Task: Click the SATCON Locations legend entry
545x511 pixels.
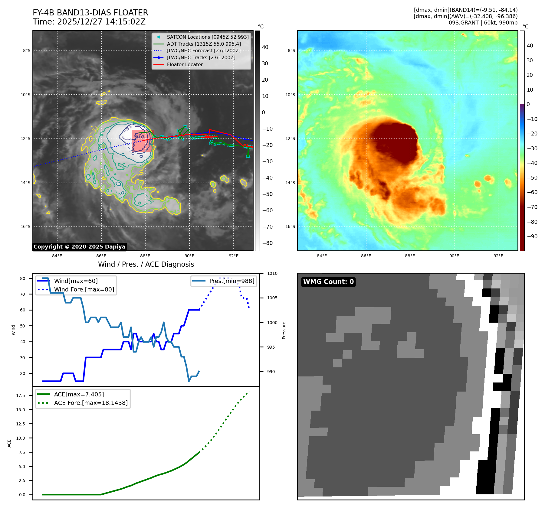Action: pos(208,37)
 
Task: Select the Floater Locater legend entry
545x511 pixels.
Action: pos(185,64)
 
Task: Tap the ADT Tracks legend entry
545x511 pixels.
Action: pos(204,44)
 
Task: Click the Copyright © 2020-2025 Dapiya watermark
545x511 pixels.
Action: pos(79,247)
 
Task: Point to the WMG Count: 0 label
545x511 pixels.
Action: pos(328,282)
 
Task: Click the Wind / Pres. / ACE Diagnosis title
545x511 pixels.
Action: pos(146,264)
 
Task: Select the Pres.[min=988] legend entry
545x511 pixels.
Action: pos(231,281)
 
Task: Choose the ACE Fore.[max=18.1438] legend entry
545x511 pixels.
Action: pos(91,403)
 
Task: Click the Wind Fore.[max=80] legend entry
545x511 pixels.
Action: pos(84,289)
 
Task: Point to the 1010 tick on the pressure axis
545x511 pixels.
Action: pos(272,274)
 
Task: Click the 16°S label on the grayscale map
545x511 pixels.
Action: pos(25,227)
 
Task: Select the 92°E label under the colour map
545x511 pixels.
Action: pos(498,256)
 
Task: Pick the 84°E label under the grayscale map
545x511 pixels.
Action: pos(57,256)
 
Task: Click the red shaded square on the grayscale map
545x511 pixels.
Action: pos(143,141)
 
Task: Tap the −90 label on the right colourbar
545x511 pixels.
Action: pos(532,236)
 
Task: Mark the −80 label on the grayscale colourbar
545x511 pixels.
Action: pos(267,243)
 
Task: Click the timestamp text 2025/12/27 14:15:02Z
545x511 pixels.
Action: pos(101,22)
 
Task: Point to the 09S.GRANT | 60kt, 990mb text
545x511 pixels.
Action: pos(483,23)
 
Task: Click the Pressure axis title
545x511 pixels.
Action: pos(284,330)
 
